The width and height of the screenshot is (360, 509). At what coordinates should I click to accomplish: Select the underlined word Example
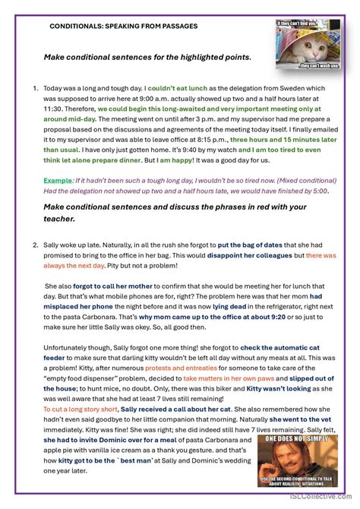coord(56,180)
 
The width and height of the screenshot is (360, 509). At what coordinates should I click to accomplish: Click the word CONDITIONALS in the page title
coord(77,26)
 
